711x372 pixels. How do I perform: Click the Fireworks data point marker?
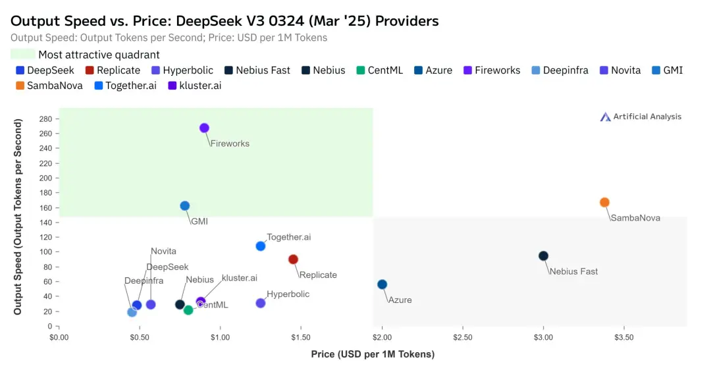pyautogui.click(x=204, y=128)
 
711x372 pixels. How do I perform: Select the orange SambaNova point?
pyautogui.click(x=604, y=202)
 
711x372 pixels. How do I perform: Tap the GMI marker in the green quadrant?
pyautogui.click(x=185, y=205)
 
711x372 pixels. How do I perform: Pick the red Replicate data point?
pyautogui.click(x=293, y=259)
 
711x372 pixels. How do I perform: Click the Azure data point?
pyautogui.click(x=382, y=284)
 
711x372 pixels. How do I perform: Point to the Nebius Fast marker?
pyautogui.click(x=543, y=256)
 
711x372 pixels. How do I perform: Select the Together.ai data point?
pyautogui.click(x=261, y=246)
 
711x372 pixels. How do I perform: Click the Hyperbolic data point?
pyautogui.click(x=261, y=303)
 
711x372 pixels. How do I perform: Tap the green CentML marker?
pyautogui.click(x=188, y=310)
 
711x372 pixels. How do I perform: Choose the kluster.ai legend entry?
pyautogui.click(x=194, y=86)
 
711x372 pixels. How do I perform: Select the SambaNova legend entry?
pyautogui.click(x=45, y=86)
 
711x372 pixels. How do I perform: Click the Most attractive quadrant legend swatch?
pyautogui.click(x=23, y=55)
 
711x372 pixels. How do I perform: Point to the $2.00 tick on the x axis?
pyautogui.click(x=382, y=337)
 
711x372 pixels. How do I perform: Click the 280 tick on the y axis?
pyautogui.click(x=45, y=119)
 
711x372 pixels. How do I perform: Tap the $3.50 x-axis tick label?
pyautogui.click(x=624, y=337)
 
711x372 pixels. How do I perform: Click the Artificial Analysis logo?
pyautogui.click(x=641, y=117)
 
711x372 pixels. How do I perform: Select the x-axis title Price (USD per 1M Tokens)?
pyautogui.click(x=373, y=354)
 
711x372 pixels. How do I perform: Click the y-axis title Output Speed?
pyautogui.click(x=18, y=217)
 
